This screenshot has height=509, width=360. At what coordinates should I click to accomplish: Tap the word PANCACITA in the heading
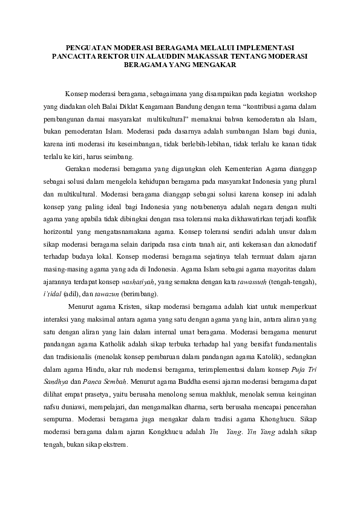click(74, 56)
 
